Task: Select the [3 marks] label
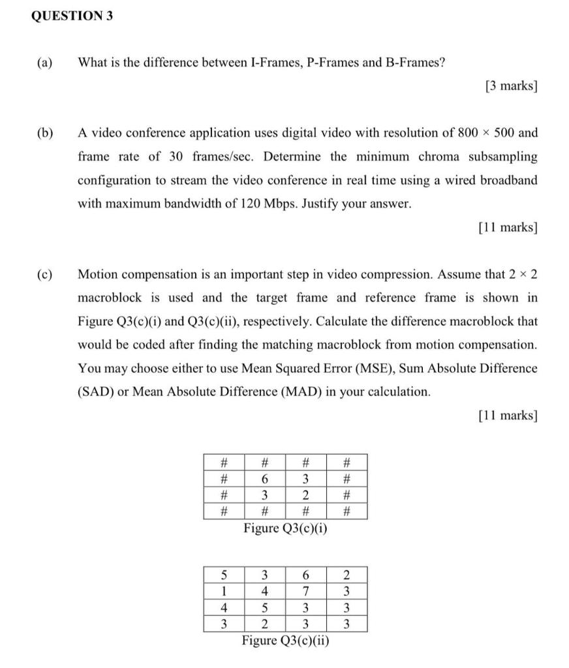(511, 86)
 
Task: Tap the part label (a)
(45, 63)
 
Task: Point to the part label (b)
(45, 133)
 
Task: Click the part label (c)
(45, 274)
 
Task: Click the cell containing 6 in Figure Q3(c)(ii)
(305, 576)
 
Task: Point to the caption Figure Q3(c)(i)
(285, 528)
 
